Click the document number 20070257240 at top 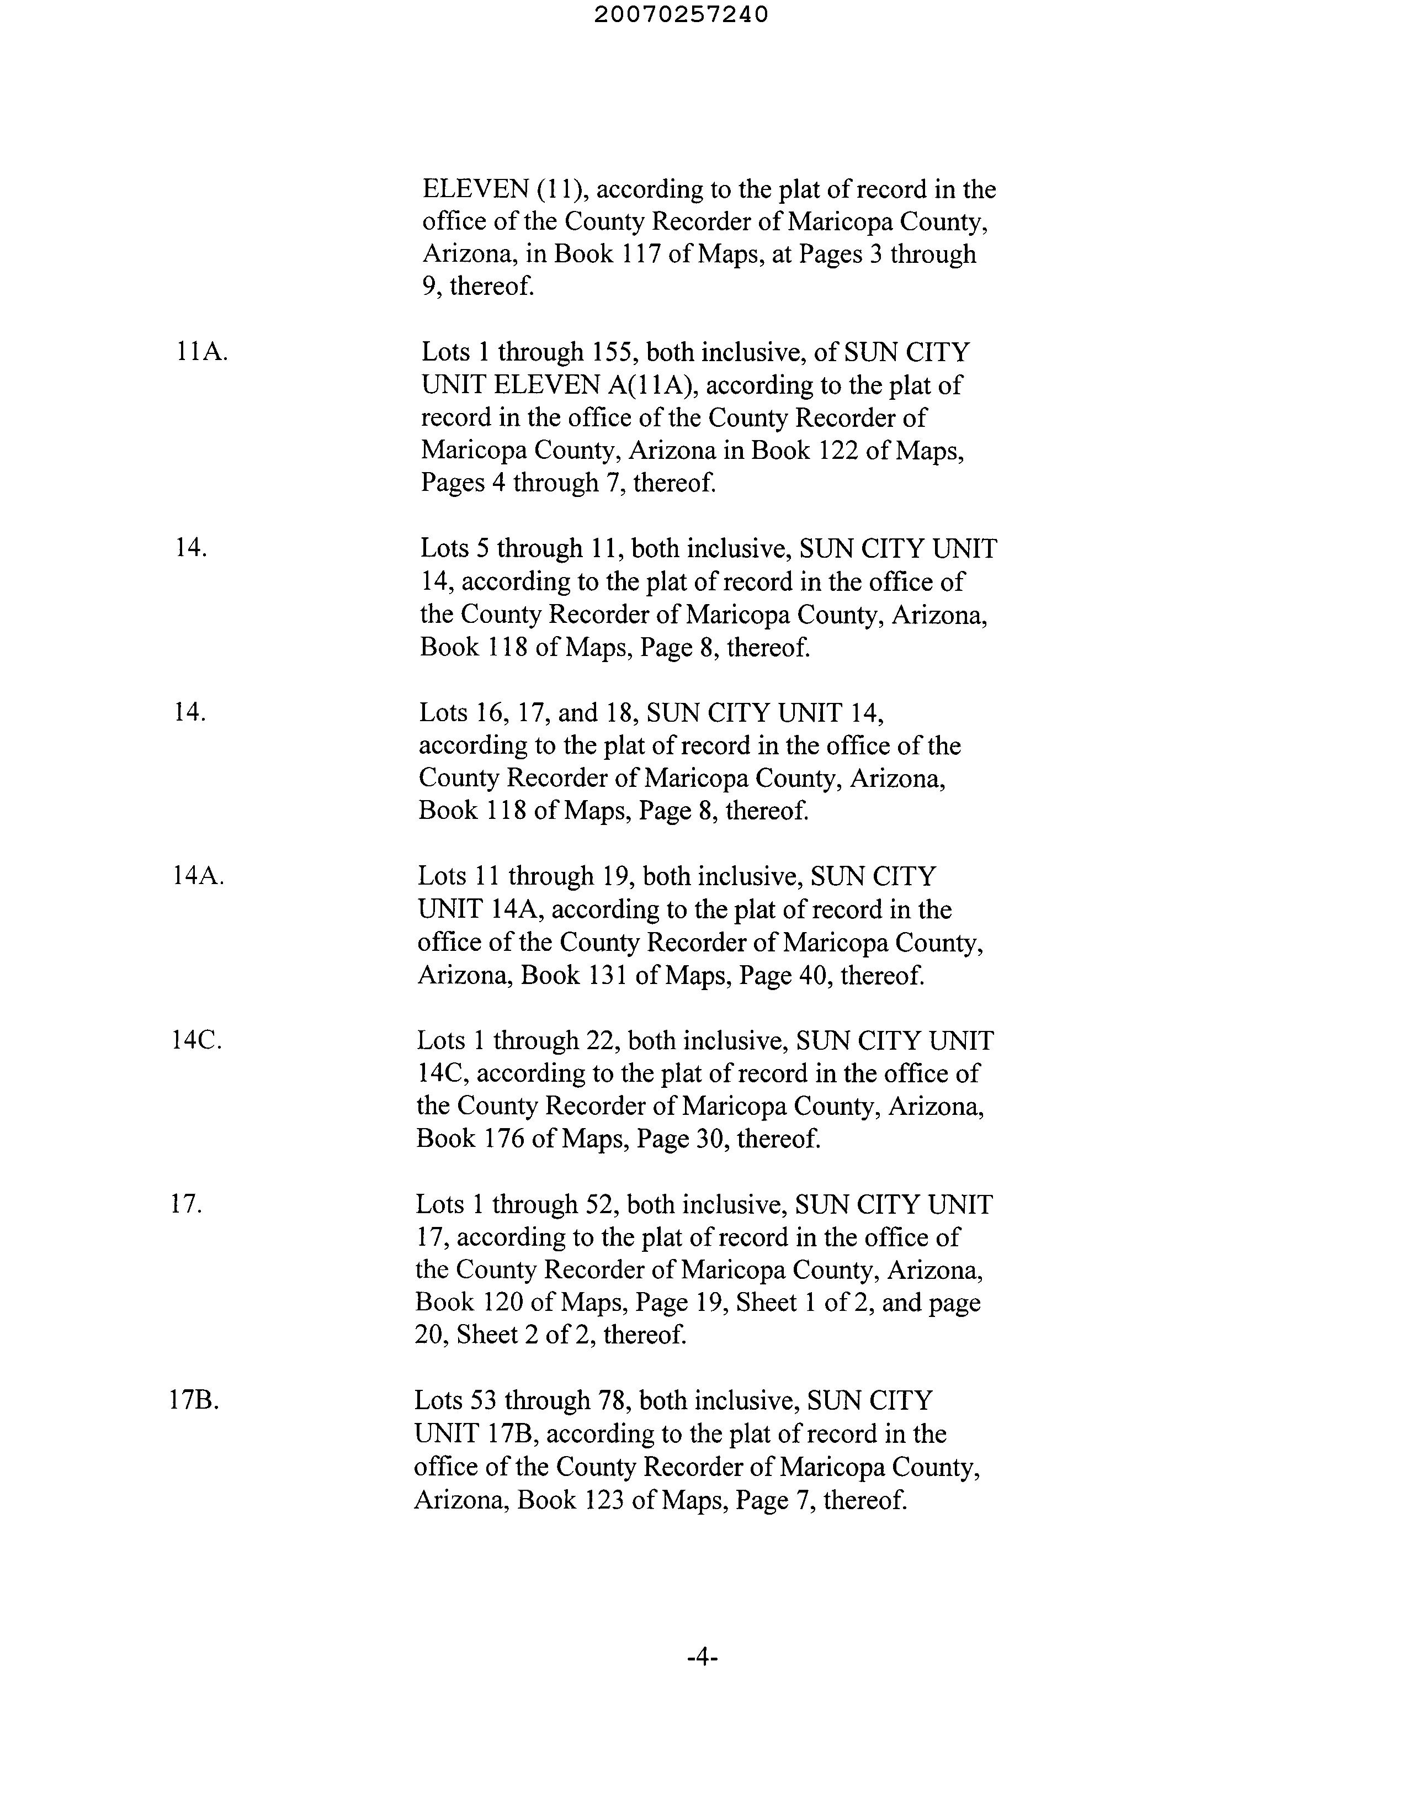(x=682, y=15)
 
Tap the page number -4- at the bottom (x=702, y=1658)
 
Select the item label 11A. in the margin (x=201, y=352)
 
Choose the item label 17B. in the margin (x=194, y=1401)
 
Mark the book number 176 (x=503, y=1139)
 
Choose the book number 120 (x=502, y=1303)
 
